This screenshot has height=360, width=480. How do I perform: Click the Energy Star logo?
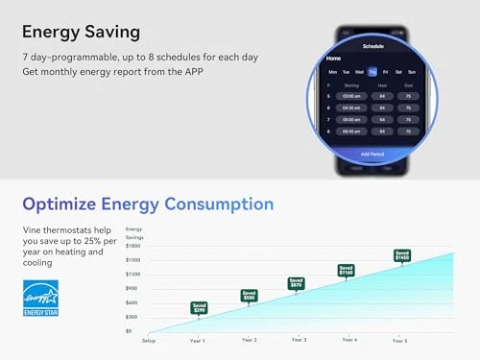pos(40,298)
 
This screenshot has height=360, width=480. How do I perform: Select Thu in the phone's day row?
pos(372,71)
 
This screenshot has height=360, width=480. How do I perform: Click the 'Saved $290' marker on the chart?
pos(199,308)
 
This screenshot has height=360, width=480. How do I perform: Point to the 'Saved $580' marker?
pos(249,296)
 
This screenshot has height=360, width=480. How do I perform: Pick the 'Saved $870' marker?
pos(297,283)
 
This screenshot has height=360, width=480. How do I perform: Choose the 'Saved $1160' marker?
pos(346,271)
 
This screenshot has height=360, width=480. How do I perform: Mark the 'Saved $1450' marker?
pos(402,256)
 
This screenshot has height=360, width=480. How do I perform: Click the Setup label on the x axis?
pos(149,340)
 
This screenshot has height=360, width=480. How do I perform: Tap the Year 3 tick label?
pos(299,340)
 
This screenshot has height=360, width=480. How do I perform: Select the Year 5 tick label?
pos(399,340)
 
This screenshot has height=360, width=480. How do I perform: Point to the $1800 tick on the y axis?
pos(133,246)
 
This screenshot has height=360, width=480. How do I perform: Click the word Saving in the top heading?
pos(110,32)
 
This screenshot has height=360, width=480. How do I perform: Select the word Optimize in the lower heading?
pos(60,204)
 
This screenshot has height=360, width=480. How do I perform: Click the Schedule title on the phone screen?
pos(372,45)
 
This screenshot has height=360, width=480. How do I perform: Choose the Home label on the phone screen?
pos(334,59)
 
